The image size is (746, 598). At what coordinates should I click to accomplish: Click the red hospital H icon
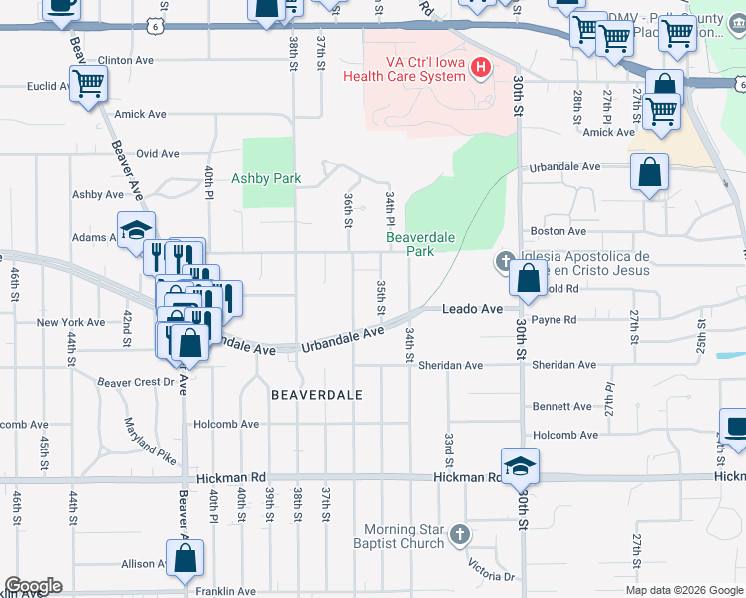tap(482, 68)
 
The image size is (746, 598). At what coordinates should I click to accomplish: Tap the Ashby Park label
tap(266, 179)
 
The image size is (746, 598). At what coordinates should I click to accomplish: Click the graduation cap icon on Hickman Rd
tap(520, 465)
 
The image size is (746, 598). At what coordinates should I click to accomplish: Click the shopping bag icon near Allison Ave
tap(185, 559)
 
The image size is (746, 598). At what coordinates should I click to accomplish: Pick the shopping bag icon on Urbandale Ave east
tap(649, 171)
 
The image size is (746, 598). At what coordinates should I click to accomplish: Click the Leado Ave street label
tap(473, 310)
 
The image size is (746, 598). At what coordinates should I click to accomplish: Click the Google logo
tap(32, 586)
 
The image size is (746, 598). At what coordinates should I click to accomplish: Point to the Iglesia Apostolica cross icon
tap(505, 263)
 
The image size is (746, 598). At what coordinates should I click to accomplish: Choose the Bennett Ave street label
tap(562, 407)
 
